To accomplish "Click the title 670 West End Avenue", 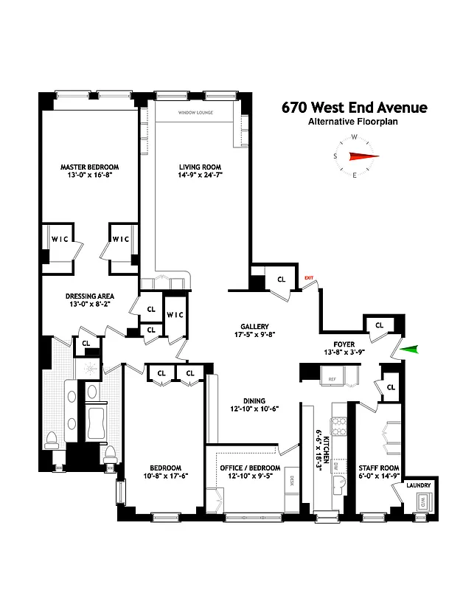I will pyautogui.click(x=354, y=108).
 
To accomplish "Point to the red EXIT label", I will pyautogui.click(x=309, y=277).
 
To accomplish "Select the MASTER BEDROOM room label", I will pyautogui.click(x=89, y=167).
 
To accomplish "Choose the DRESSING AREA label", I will pyautogui.click(x=89, y=294).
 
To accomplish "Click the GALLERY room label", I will pyautogui.click(x=254, y=326).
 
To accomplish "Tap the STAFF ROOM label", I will pyautogui.click(x=378, y=468).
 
